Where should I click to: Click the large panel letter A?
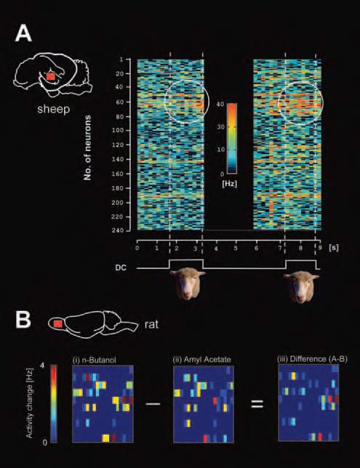point(23,33)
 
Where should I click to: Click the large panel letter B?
point(23,319)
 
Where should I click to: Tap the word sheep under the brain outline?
point(54,109)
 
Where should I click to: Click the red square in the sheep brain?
point(51,76)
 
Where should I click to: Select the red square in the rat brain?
point(57,323)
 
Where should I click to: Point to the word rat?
point(151,324)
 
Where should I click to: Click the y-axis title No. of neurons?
point(87,148)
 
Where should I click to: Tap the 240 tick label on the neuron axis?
point(117,230)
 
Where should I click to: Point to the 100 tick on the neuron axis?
point(117,130)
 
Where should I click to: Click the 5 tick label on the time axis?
point(236,248)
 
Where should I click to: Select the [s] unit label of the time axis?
point(333,248)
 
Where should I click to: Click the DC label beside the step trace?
point(121,267)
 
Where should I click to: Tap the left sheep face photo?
point(188,284)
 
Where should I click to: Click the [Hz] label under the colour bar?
point(230,184)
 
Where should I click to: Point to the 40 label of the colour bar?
point(220,105)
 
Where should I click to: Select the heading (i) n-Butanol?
point(95,359)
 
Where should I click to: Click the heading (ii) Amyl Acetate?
point(202,359)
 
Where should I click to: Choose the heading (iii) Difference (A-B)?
point(312,359)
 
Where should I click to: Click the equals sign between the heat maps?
point(257,404)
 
